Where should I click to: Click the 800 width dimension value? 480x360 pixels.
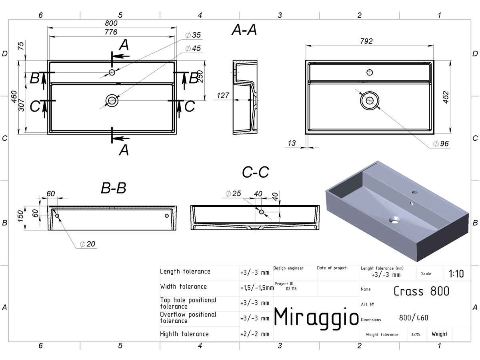tap(111, 23)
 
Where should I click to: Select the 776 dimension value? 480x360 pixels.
tap(111, 32)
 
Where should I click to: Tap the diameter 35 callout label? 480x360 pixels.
tap(193, 35)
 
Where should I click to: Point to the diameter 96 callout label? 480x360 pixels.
tap(441, 144)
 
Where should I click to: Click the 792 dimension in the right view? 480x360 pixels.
tap(366, 41)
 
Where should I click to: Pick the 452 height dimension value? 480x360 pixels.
tap(446, 97)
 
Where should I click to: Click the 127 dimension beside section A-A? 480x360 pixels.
tap(223, 96)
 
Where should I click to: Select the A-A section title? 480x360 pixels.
tap(244, 30)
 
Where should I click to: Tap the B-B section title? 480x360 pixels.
tap(114, 188)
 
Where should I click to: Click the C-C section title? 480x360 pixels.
tap(256, 172)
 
